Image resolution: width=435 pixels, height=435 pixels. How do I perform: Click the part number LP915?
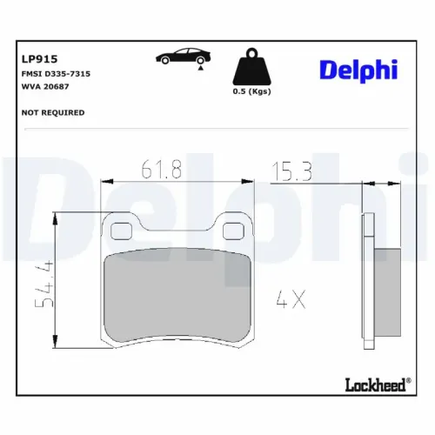pyautogui.click(x=38, y=60)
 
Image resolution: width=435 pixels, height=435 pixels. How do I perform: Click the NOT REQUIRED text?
pyautogui.click(x=53, y=112)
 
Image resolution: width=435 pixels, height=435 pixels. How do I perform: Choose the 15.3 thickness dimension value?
pyautogui.click(x=293, y=171)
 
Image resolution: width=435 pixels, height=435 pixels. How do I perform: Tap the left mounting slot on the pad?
pyautogui.click(x=122, y=231)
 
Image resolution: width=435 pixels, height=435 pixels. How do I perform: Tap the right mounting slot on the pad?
pyautogui.click(x=233, y=231)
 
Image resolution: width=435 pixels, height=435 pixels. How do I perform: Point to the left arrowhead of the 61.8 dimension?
pyautogui.click(x=106, y=182)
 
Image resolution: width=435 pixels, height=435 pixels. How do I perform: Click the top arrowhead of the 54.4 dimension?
pyautogui.click(x=57, y=217)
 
